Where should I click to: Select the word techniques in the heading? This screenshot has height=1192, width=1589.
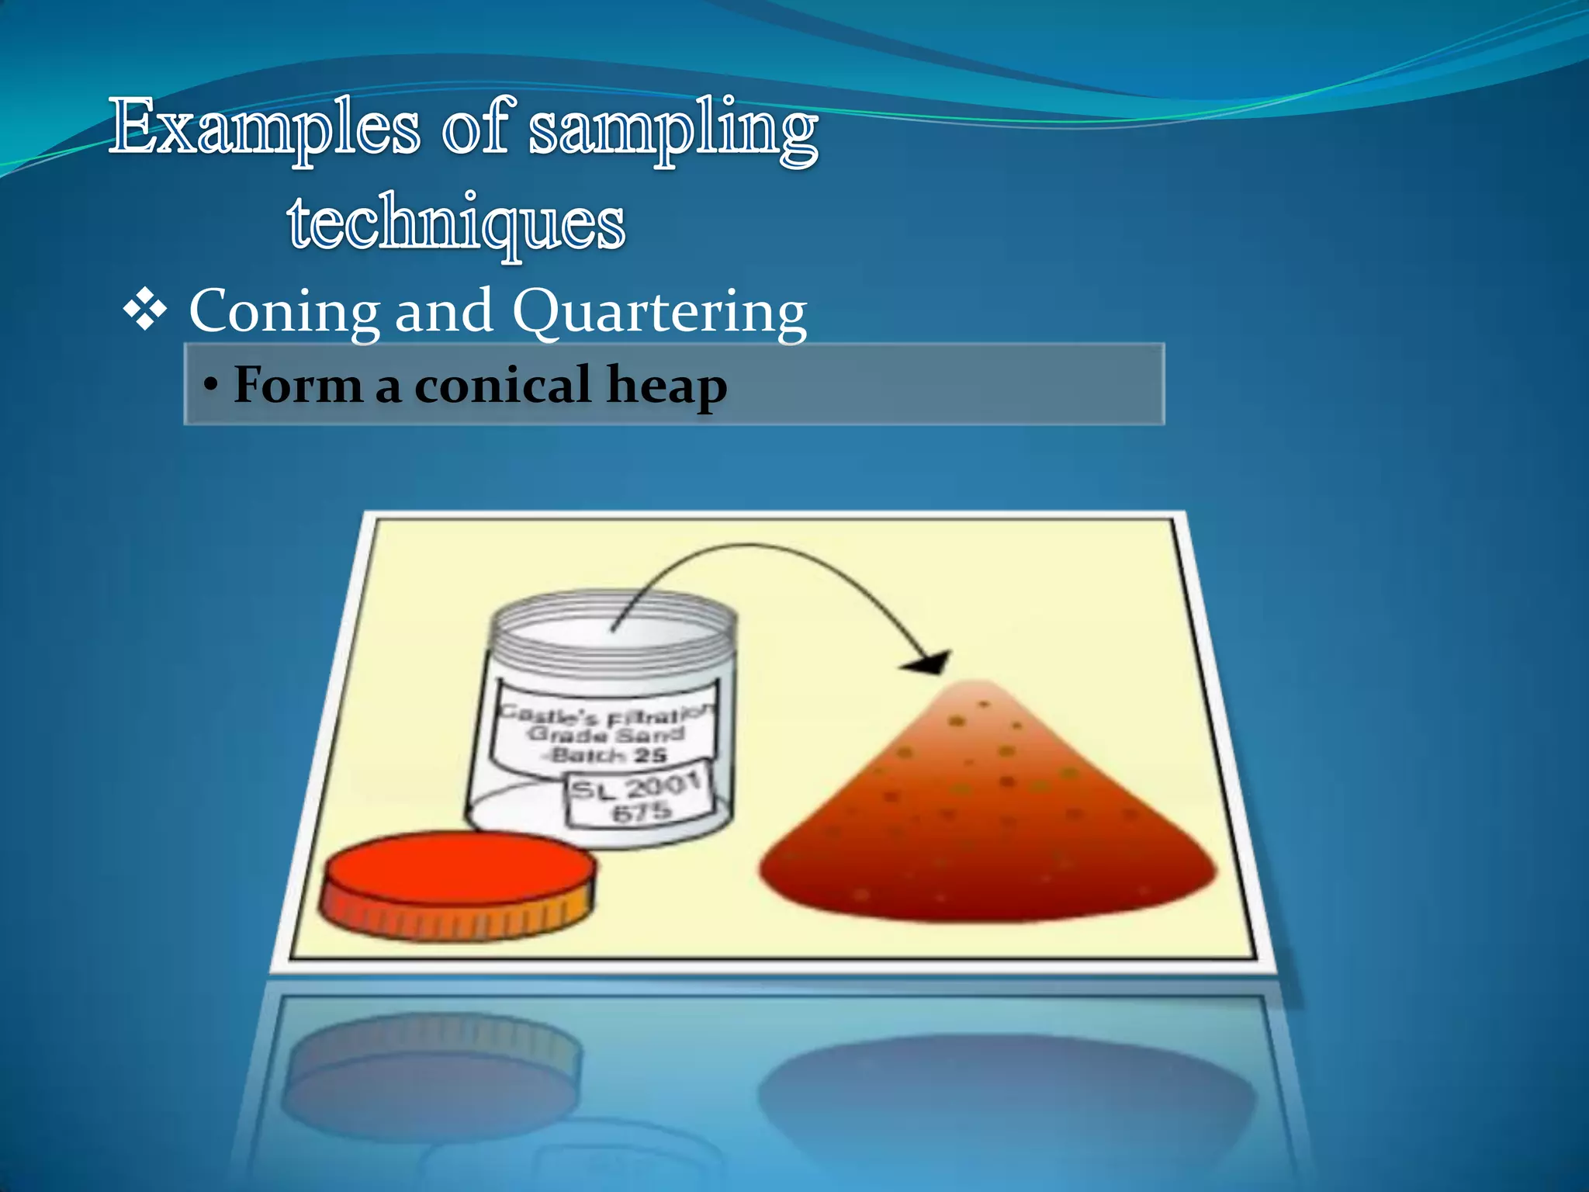tap(456, 223)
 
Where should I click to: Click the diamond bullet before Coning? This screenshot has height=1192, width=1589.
tap(145, 312)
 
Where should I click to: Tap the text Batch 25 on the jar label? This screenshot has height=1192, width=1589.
tap(608, 755)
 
